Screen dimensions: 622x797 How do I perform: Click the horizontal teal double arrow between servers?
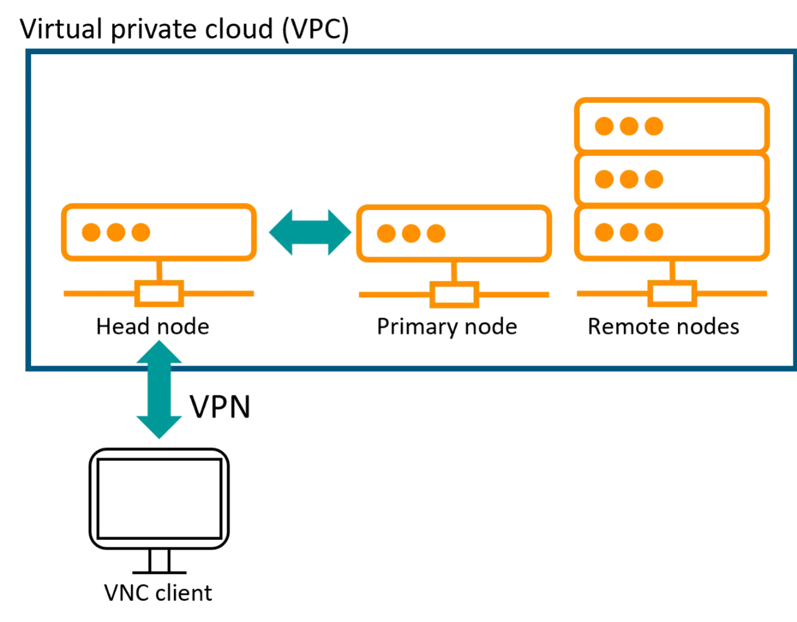[x=309, y=232]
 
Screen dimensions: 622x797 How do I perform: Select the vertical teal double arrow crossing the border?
[x=159, y=390]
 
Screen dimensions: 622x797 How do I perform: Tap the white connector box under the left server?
[x=159, y=294]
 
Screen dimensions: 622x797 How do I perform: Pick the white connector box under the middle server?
[x=455, y=295]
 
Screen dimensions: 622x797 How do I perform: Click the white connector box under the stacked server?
[x=672, y=294]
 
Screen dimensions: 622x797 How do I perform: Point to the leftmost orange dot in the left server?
[x=92, y=232]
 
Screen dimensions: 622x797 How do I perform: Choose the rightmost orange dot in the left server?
[x=141, y=232]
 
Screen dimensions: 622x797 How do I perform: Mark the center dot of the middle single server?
[x=411, y=233]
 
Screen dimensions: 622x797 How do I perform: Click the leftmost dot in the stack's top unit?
[x=604, y=126]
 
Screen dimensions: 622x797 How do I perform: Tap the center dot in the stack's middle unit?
[x=629, y=180]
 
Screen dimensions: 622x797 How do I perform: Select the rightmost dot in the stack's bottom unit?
[x=653, y=232]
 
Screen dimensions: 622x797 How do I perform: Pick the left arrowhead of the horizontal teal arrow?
[x=281, y=232]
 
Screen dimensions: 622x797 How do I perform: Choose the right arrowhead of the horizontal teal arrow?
[x=339, y=232]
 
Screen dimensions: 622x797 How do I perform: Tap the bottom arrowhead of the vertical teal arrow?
[x=159, y=430]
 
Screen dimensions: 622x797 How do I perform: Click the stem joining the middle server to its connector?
[x=453, y=271]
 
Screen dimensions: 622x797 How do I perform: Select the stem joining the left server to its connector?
[x=159, y=271]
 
